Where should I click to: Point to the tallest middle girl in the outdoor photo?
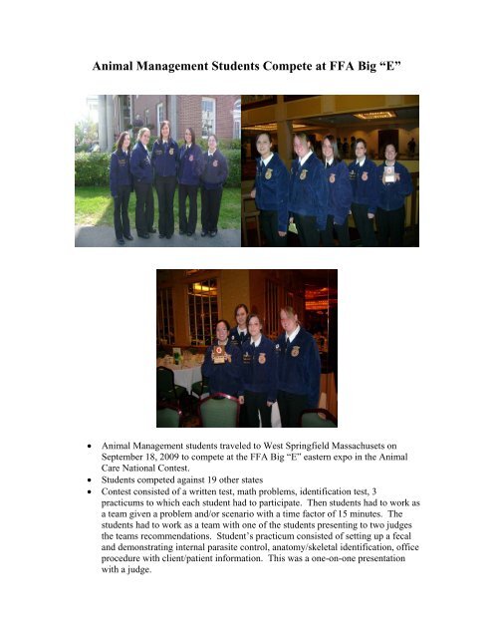pyautogui.click(x=164, y=179)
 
